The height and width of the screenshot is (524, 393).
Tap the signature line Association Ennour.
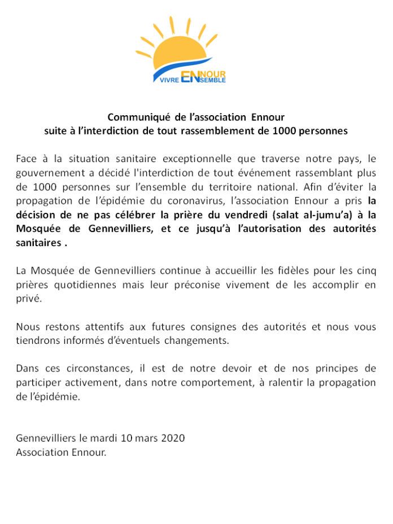click(61, 452)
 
